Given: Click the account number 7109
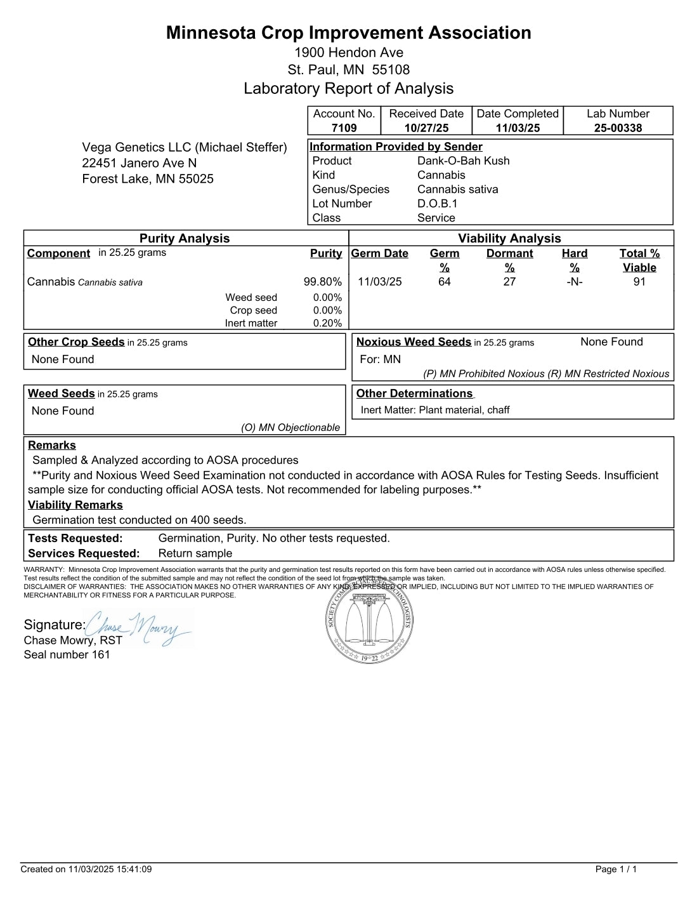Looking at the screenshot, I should (344, 128).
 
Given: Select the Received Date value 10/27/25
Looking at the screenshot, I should (426, 128).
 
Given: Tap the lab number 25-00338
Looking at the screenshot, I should (618, 128).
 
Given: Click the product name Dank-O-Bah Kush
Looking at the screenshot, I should (463, 161).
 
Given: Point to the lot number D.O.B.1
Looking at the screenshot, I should (437, 204).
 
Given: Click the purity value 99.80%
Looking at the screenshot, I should (322, 282).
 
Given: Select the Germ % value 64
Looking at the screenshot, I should (444, 282).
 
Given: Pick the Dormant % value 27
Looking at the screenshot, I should (509, 282).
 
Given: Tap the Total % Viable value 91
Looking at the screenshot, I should (639, 282).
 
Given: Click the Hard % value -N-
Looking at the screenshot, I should (574, 282).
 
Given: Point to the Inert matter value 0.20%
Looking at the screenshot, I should (327, 323).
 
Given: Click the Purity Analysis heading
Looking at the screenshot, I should (185, 239).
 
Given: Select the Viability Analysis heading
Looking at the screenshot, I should (509, 239).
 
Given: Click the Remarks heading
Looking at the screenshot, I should (52, 446).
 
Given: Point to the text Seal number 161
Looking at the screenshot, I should (67, 654).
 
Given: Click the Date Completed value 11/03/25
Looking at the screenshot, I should (518, 128).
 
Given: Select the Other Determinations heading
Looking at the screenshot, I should (414, 394).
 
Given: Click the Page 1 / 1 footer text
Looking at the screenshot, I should (616, 870).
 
